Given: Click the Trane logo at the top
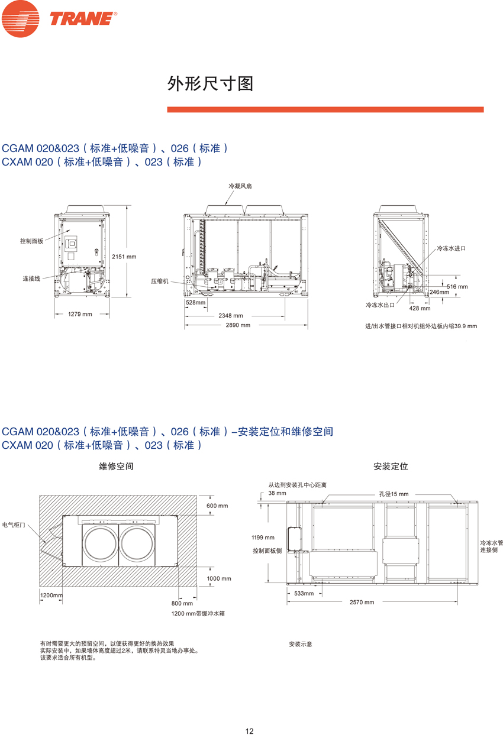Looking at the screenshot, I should [59, 19].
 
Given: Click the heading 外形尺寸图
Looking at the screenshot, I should [211, 84].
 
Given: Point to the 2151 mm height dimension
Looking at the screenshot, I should [124, 257].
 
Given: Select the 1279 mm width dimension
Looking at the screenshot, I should [80, 314].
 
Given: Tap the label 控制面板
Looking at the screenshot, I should [31, 241].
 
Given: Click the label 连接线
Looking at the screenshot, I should [31, 278].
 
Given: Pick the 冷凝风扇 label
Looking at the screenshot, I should [240, 186].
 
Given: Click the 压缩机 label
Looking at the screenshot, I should [159, 281].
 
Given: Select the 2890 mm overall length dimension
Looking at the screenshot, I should [238, 325].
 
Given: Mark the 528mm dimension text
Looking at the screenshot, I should [195, 303].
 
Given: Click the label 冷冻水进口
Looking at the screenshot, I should [451, 248].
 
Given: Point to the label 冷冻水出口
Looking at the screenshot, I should [380, 305].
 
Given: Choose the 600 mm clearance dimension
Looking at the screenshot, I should [217, 506].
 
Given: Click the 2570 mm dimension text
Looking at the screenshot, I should [362, 602].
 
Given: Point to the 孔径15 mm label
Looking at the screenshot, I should [394, 494].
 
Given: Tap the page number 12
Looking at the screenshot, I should [249, 731].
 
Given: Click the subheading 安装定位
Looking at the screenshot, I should [391, 467].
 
